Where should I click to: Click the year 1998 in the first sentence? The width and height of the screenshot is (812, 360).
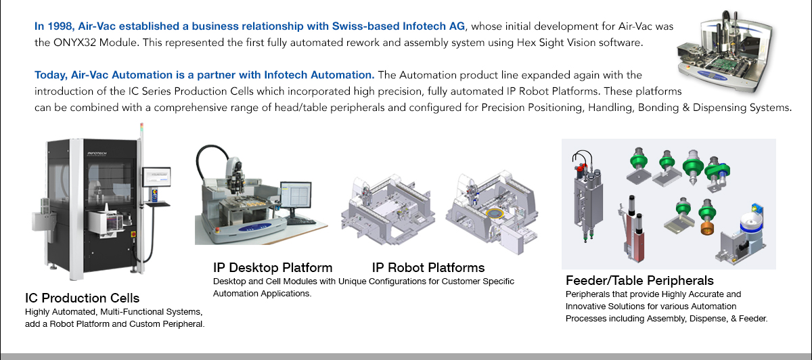(x=60, y=26)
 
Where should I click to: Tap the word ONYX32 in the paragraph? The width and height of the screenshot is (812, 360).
(x=74, y=43)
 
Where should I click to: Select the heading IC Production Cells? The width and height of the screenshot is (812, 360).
(x=83, y=298)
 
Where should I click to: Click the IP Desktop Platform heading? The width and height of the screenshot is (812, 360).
(x=273, y=267)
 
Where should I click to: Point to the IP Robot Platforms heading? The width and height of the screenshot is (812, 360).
(x=428, y=267)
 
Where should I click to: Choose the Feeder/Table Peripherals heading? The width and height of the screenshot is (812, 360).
(x=639, y=281)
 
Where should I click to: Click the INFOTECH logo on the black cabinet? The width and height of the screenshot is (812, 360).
(x=97, y=154)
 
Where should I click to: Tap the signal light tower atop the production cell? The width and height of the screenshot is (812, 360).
(x=141, y=130)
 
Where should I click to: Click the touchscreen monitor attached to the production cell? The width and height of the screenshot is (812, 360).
(x=156, y=177)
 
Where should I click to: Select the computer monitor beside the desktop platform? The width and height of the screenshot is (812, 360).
(x=296, y=195)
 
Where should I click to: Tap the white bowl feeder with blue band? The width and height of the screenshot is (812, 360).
(x=752, y=222)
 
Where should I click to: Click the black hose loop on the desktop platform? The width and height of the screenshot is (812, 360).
(x=212, y=160)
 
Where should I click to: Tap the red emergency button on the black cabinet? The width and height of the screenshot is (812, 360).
(x=133, y=235)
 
